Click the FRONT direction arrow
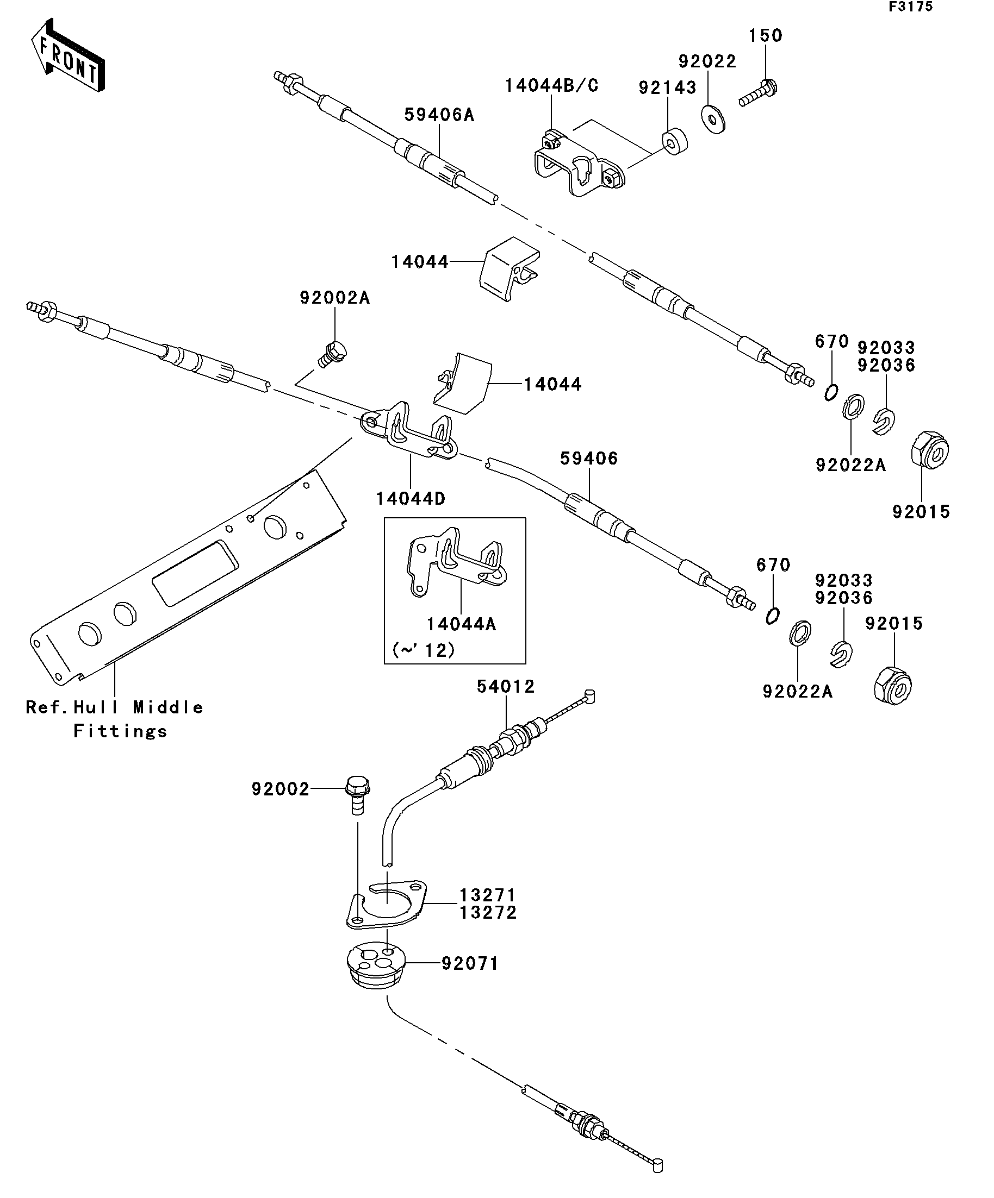(x=67, y=57)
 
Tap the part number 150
(x=765, y=36)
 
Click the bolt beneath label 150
(x=759, y=93)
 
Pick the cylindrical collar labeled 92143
(x=674, y=142)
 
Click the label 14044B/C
(x=551, y=86)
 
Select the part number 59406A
(x=439, y=115)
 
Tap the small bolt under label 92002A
(x=333, y=354)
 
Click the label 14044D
(x=411, y=499)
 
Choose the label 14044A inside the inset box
(x=461, y=624)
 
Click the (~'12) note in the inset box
(x=424, y=650)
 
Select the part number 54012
(x=506, y=687)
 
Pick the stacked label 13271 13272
(x=488, y=904)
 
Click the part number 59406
(x=589, y=459)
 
